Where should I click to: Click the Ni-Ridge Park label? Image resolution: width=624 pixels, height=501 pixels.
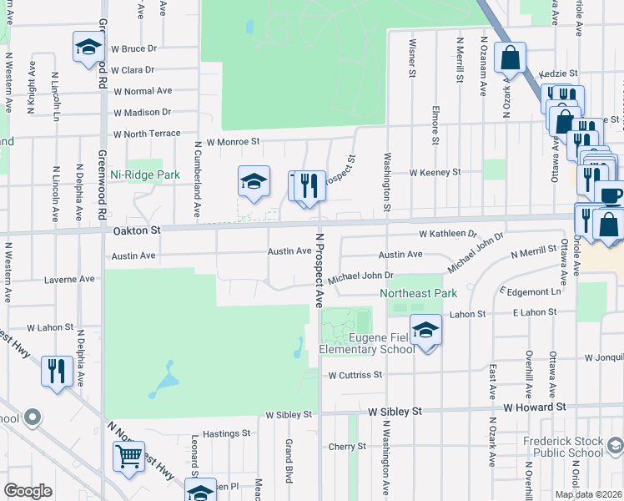click(145, 175)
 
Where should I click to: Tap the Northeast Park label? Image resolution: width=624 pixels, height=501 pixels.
click(419, 294)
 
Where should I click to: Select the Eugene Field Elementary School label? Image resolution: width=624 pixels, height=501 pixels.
click(367, 343)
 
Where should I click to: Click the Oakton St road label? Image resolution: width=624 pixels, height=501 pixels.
click(136, 229)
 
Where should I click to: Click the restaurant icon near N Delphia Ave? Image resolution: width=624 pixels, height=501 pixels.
click(56, 369)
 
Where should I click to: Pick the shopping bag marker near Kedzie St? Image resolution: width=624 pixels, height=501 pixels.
click(510, 58)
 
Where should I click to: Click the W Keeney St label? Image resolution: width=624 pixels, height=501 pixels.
click(435, 172)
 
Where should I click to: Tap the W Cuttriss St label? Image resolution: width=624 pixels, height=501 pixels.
click(355, 376)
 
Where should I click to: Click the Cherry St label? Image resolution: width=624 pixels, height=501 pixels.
click(342, 447)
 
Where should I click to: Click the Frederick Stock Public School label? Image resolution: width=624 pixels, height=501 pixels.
click(563, 447)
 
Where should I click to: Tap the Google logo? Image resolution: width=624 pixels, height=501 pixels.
click(28, 491)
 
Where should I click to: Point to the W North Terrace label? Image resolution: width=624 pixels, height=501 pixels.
click(147, 134)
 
